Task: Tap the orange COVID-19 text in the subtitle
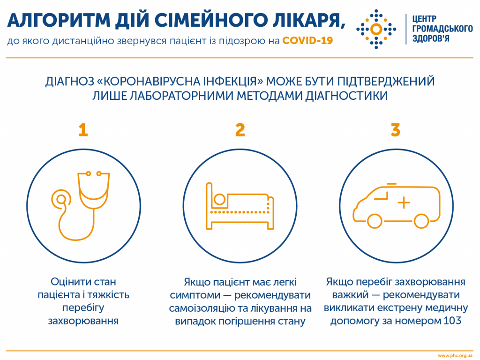coord(307,41)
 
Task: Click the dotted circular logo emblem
coord(375,29)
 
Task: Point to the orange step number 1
coord(83,130)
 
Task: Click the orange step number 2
coord(240,130)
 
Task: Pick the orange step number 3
coord(396,130)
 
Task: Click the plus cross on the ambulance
coord(404,202)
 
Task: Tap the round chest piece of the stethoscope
coord(60,199)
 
